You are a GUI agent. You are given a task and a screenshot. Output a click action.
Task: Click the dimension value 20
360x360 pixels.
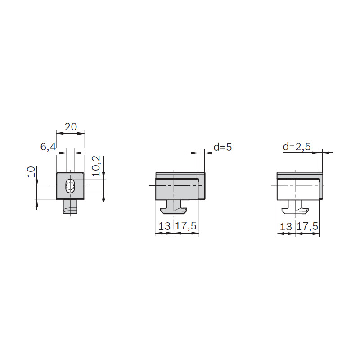pos(71,127)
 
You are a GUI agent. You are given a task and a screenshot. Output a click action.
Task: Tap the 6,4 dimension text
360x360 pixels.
pos(48,147)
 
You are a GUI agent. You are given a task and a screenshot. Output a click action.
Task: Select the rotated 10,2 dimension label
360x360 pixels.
pos(96,166)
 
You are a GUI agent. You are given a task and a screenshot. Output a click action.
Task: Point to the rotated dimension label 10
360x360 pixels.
pos(31,172)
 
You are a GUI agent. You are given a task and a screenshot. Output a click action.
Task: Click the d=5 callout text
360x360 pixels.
pos(223,147)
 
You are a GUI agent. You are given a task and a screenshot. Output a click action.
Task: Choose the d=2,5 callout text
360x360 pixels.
pos(297,147)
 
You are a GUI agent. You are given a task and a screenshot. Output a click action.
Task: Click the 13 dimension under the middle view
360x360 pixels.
pos(164,226)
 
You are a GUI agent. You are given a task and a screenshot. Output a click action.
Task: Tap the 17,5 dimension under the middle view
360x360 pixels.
pos(186,226)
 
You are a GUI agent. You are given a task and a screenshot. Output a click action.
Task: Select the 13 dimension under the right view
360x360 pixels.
pos(286,227)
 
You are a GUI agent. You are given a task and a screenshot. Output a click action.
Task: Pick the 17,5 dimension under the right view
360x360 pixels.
pos(307,227)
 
